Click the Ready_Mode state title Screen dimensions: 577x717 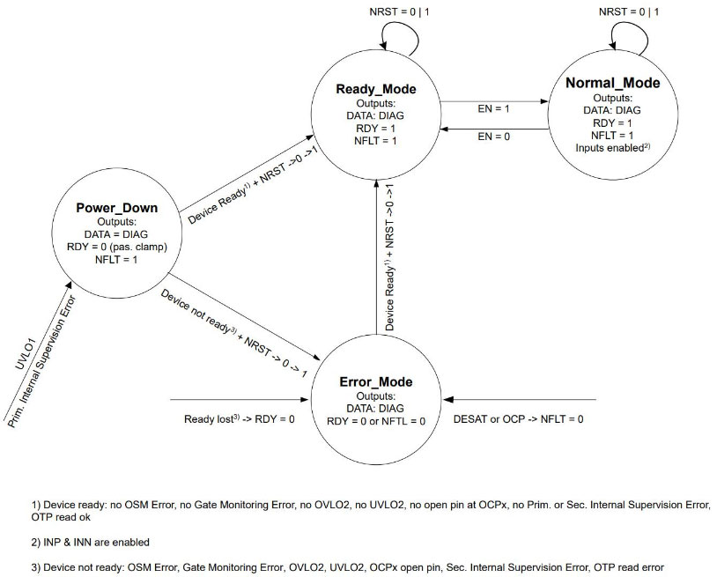tap(376, 90)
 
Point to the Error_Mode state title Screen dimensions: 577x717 tap(376, 382)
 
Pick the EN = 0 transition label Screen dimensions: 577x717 tap(494, 137)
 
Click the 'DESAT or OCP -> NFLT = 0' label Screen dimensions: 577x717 tap(517, 418)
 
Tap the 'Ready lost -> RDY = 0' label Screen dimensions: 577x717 tap(239, 418)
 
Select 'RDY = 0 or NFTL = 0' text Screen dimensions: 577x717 tap(376, 421)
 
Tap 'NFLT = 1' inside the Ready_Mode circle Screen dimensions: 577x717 tap(376, 140)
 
